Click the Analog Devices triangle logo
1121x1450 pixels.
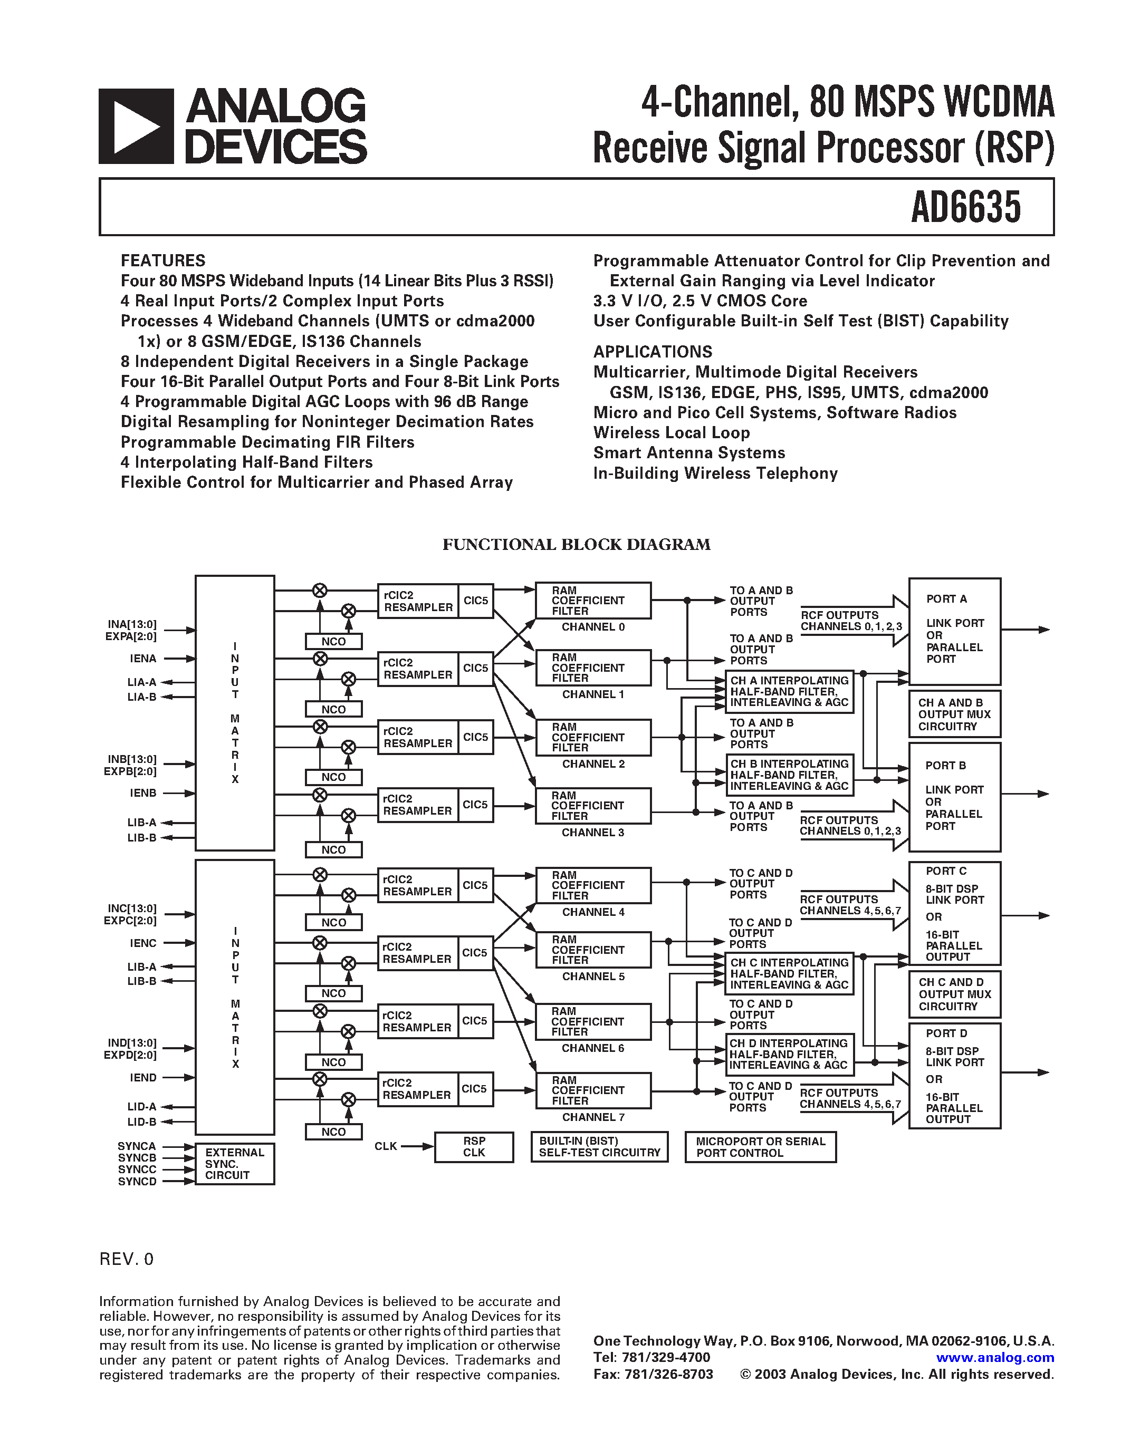[x=136, y=126]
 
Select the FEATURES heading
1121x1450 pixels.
[x=162, y=260]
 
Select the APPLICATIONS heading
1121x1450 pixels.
[x=652, y=352]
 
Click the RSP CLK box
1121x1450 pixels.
[x=474, y=1147]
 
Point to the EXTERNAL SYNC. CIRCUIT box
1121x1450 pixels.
[x=234, y=1163]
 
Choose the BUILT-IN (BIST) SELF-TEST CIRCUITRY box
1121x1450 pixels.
[x=599, y=1147]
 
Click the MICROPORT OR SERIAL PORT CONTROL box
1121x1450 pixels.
[x=760, y=1147]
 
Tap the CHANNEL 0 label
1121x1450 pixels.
[x=592, y=627]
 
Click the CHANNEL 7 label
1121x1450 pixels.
[x=592, y=1117]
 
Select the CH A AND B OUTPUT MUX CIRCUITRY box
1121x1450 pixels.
[x=954, y=714]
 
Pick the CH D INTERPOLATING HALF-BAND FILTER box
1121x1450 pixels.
[x=789, y=1055]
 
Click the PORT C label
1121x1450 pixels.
[x=946, y=871]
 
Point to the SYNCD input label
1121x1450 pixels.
[x=137, y=1181]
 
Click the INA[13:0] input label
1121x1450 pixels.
[x=132, y=624]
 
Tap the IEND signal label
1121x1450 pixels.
[x=143, y=1078]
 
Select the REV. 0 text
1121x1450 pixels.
[x=126, y=1260]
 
